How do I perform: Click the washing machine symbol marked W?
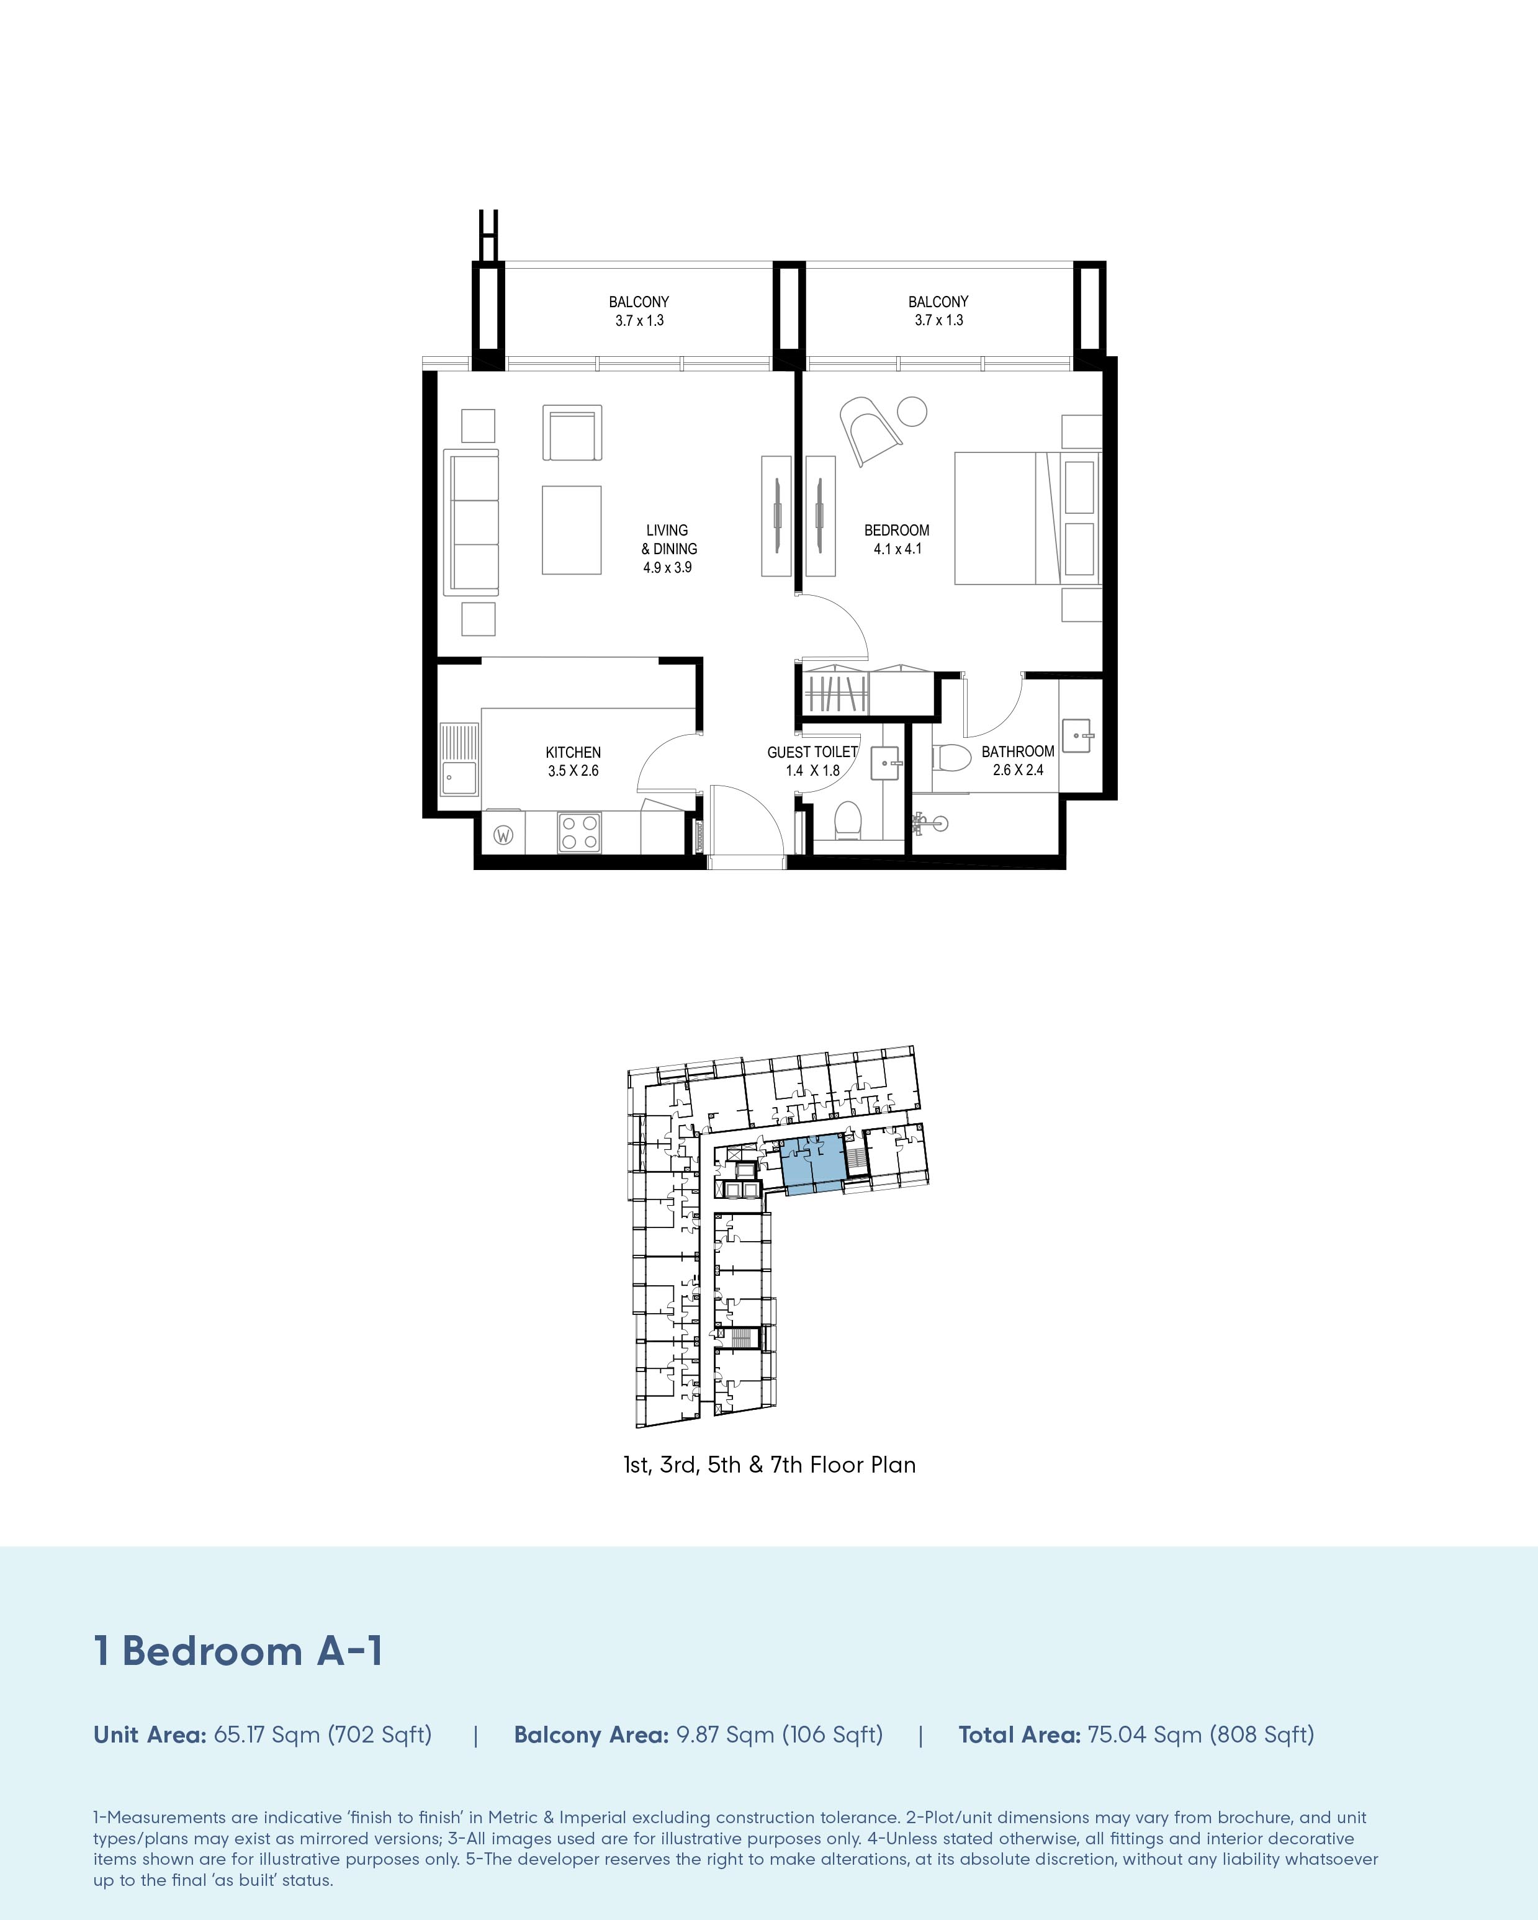[503, 835]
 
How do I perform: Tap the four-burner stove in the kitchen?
[579, 832]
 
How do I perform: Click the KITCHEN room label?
[573, 753]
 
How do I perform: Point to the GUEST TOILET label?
[812, 753]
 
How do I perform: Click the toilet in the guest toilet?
[847, 819]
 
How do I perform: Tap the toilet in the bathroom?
[950, 758]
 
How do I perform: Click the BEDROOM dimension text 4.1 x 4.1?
[897, 549]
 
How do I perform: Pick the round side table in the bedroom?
[912, 411]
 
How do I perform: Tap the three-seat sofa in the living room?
[471, 522]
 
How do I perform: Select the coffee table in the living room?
[572, 530]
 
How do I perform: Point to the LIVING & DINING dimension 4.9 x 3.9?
[667, 567]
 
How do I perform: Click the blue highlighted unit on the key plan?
[812, 1163]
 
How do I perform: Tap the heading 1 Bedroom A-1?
[239, 1650]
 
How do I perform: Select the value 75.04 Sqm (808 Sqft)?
[1200, 1735]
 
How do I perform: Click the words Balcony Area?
[591, 1735]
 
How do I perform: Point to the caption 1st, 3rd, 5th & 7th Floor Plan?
[770, 1465]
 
